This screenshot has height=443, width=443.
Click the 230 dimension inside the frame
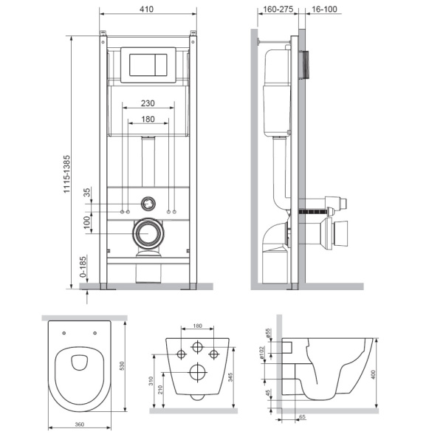[x=148, y=105]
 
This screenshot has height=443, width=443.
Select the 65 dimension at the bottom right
[x=303, y=417]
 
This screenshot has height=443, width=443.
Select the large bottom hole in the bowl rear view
[x=197, y=371]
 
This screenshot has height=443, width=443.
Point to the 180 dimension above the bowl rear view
[x=197, y=325]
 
